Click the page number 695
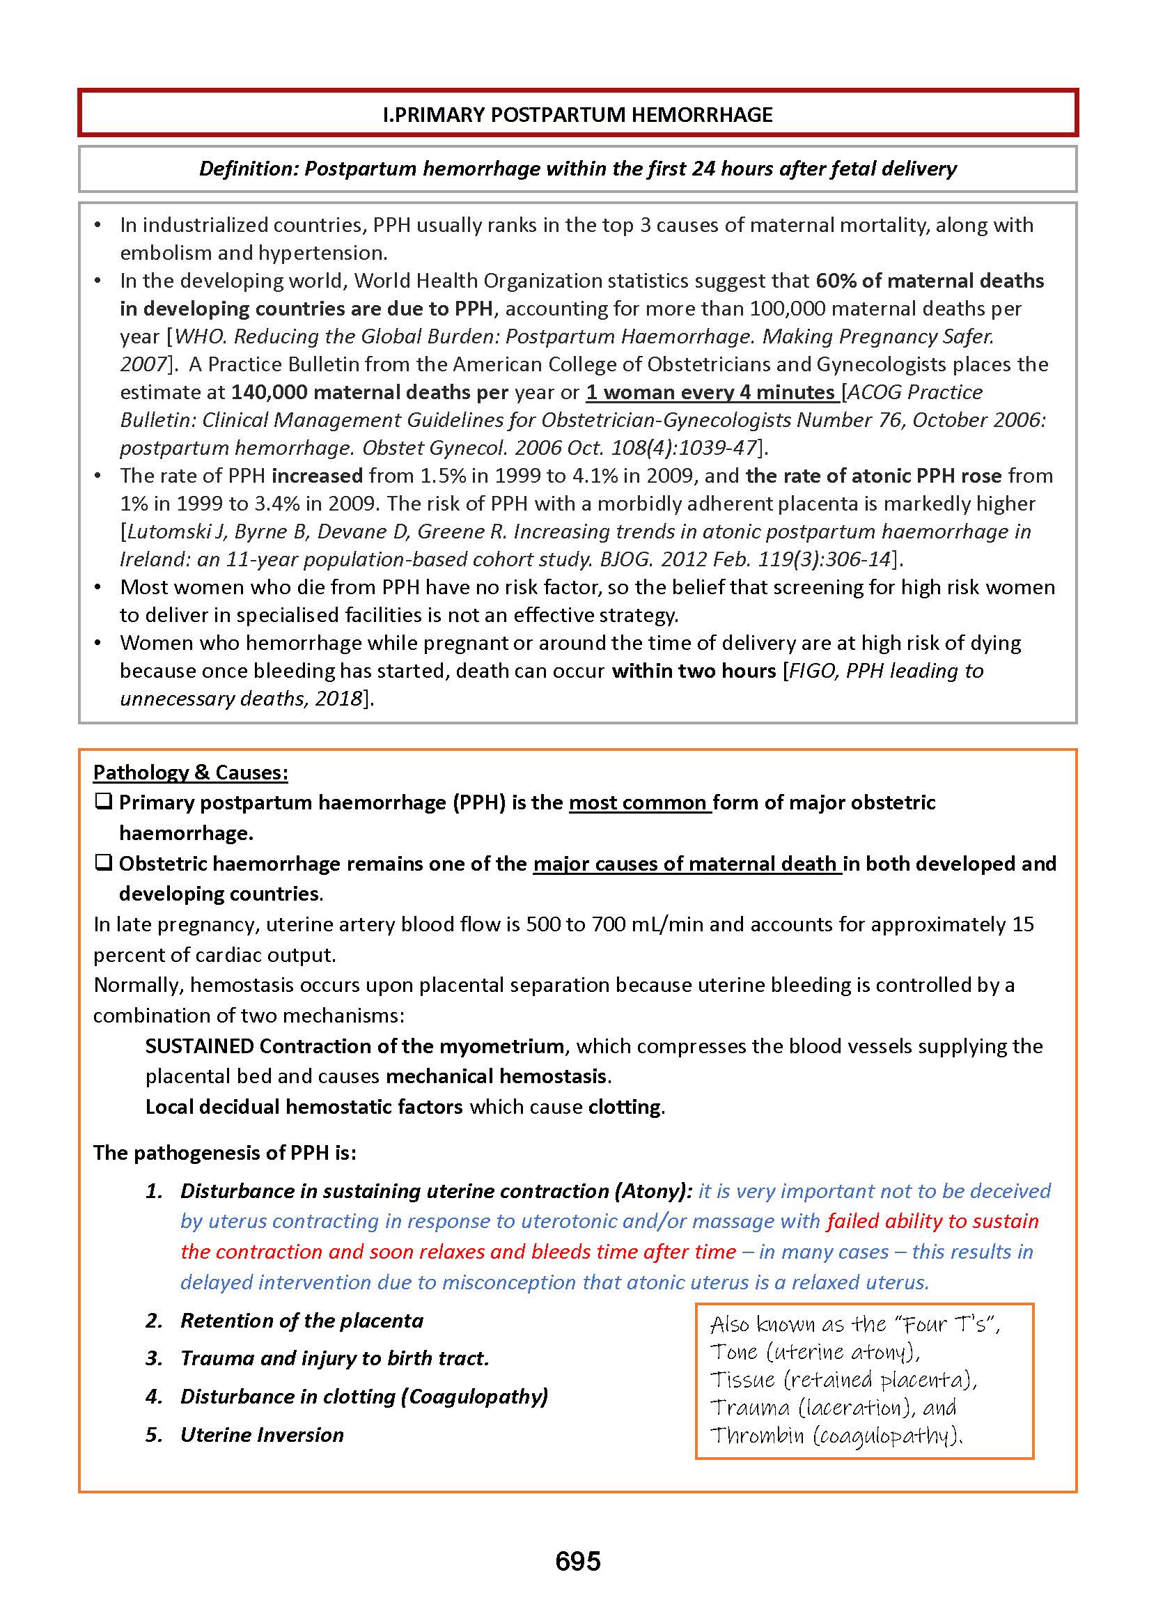pyautogui.click(x=577, y=1561)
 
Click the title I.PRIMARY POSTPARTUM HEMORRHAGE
pyautogui.click(x=577, y=115)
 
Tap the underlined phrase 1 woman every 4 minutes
pyautogui.click(x=710, y=392)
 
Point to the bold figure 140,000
pyautogui.click(x=268, y=392)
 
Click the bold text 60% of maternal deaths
pyautogui.click(x=929, y=281)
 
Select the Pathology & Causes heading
pyautogui.click(x=190, y=772)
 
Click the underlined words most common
pyautogui.click(x=639, y=802)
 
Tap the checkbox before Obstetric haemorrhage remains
pyautogui.click(x=103, y=863)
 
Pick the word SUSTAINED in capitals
pyautogui.click(x=199, y=1046)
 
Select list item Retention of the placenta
pyautogui.click(x=302, y=1321)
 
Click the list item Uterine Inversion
pyautogui.click(x=262, y=1434)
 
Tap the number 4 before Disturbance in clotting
pyautogui.click(x=154, y=1396)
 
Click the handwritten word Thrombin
pyautogui.click(x=757, y=1434)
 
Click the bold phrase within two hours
pyautogui.click(x=694, y=671)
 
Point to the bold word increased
pyautogui.click(x=317, y=476)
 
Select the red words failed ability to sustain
pyautogui.click(x=932, y=1221)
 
